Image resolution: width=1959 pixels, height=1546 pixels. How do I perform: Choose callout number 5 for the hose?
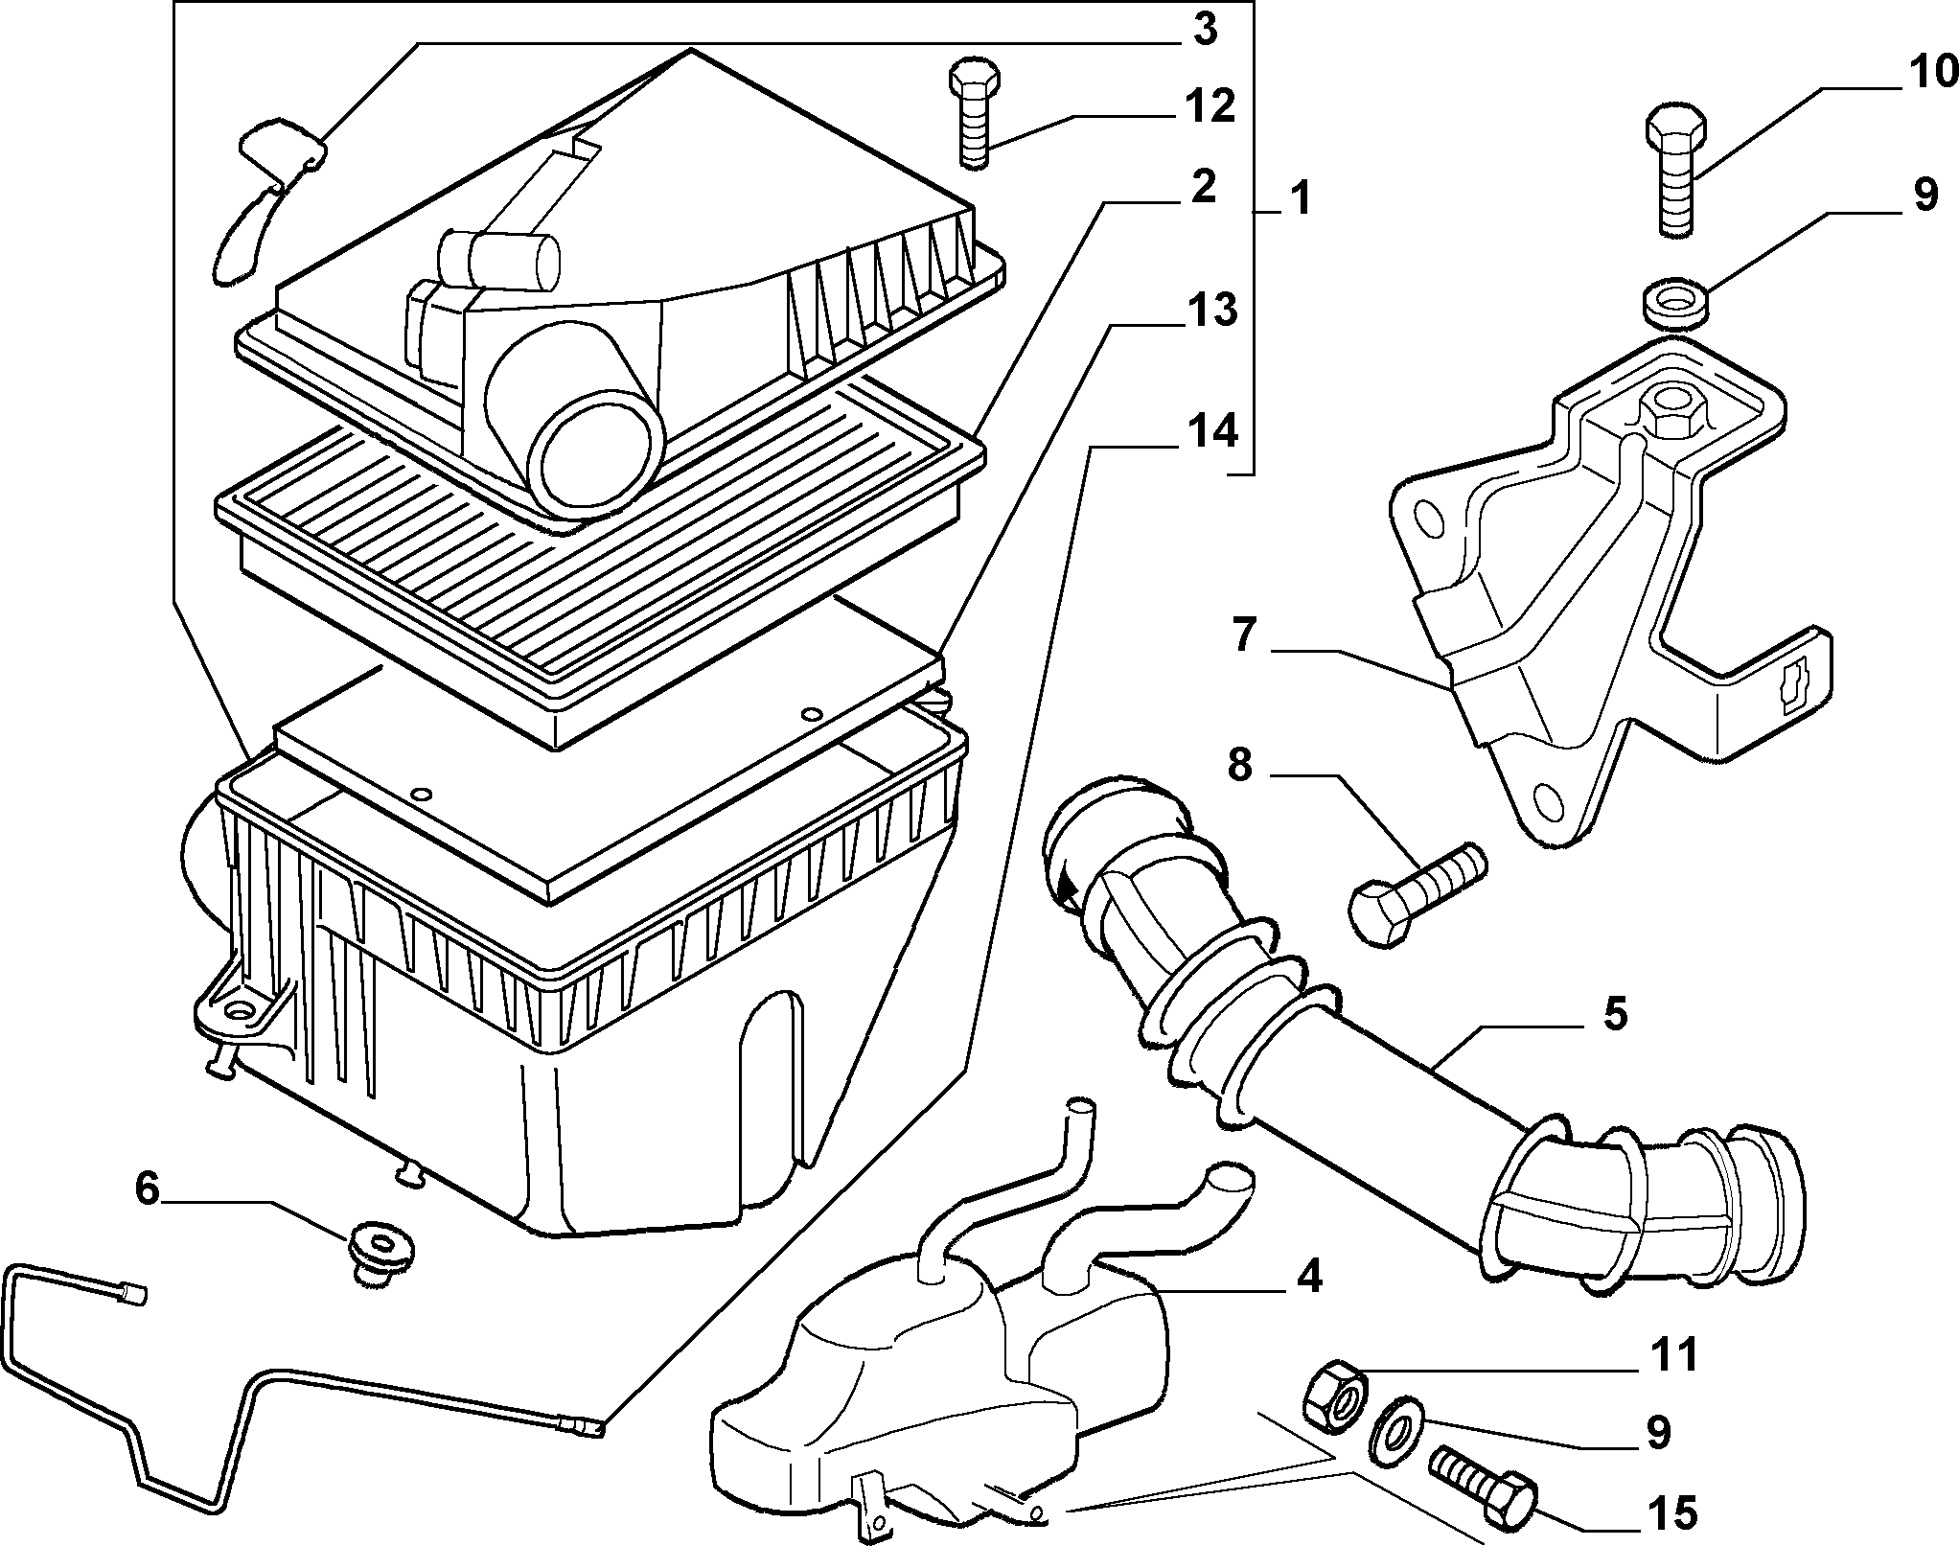point(1615,1014)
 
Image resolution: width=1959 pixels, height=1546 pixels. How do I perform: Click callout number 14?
point(1212,433)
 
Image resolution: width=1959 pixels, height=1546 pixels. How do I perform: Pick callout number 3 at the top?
point(1204,30)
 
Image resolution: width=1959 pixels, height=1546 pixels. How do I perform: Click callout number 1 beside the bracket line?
point(1299,200)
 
